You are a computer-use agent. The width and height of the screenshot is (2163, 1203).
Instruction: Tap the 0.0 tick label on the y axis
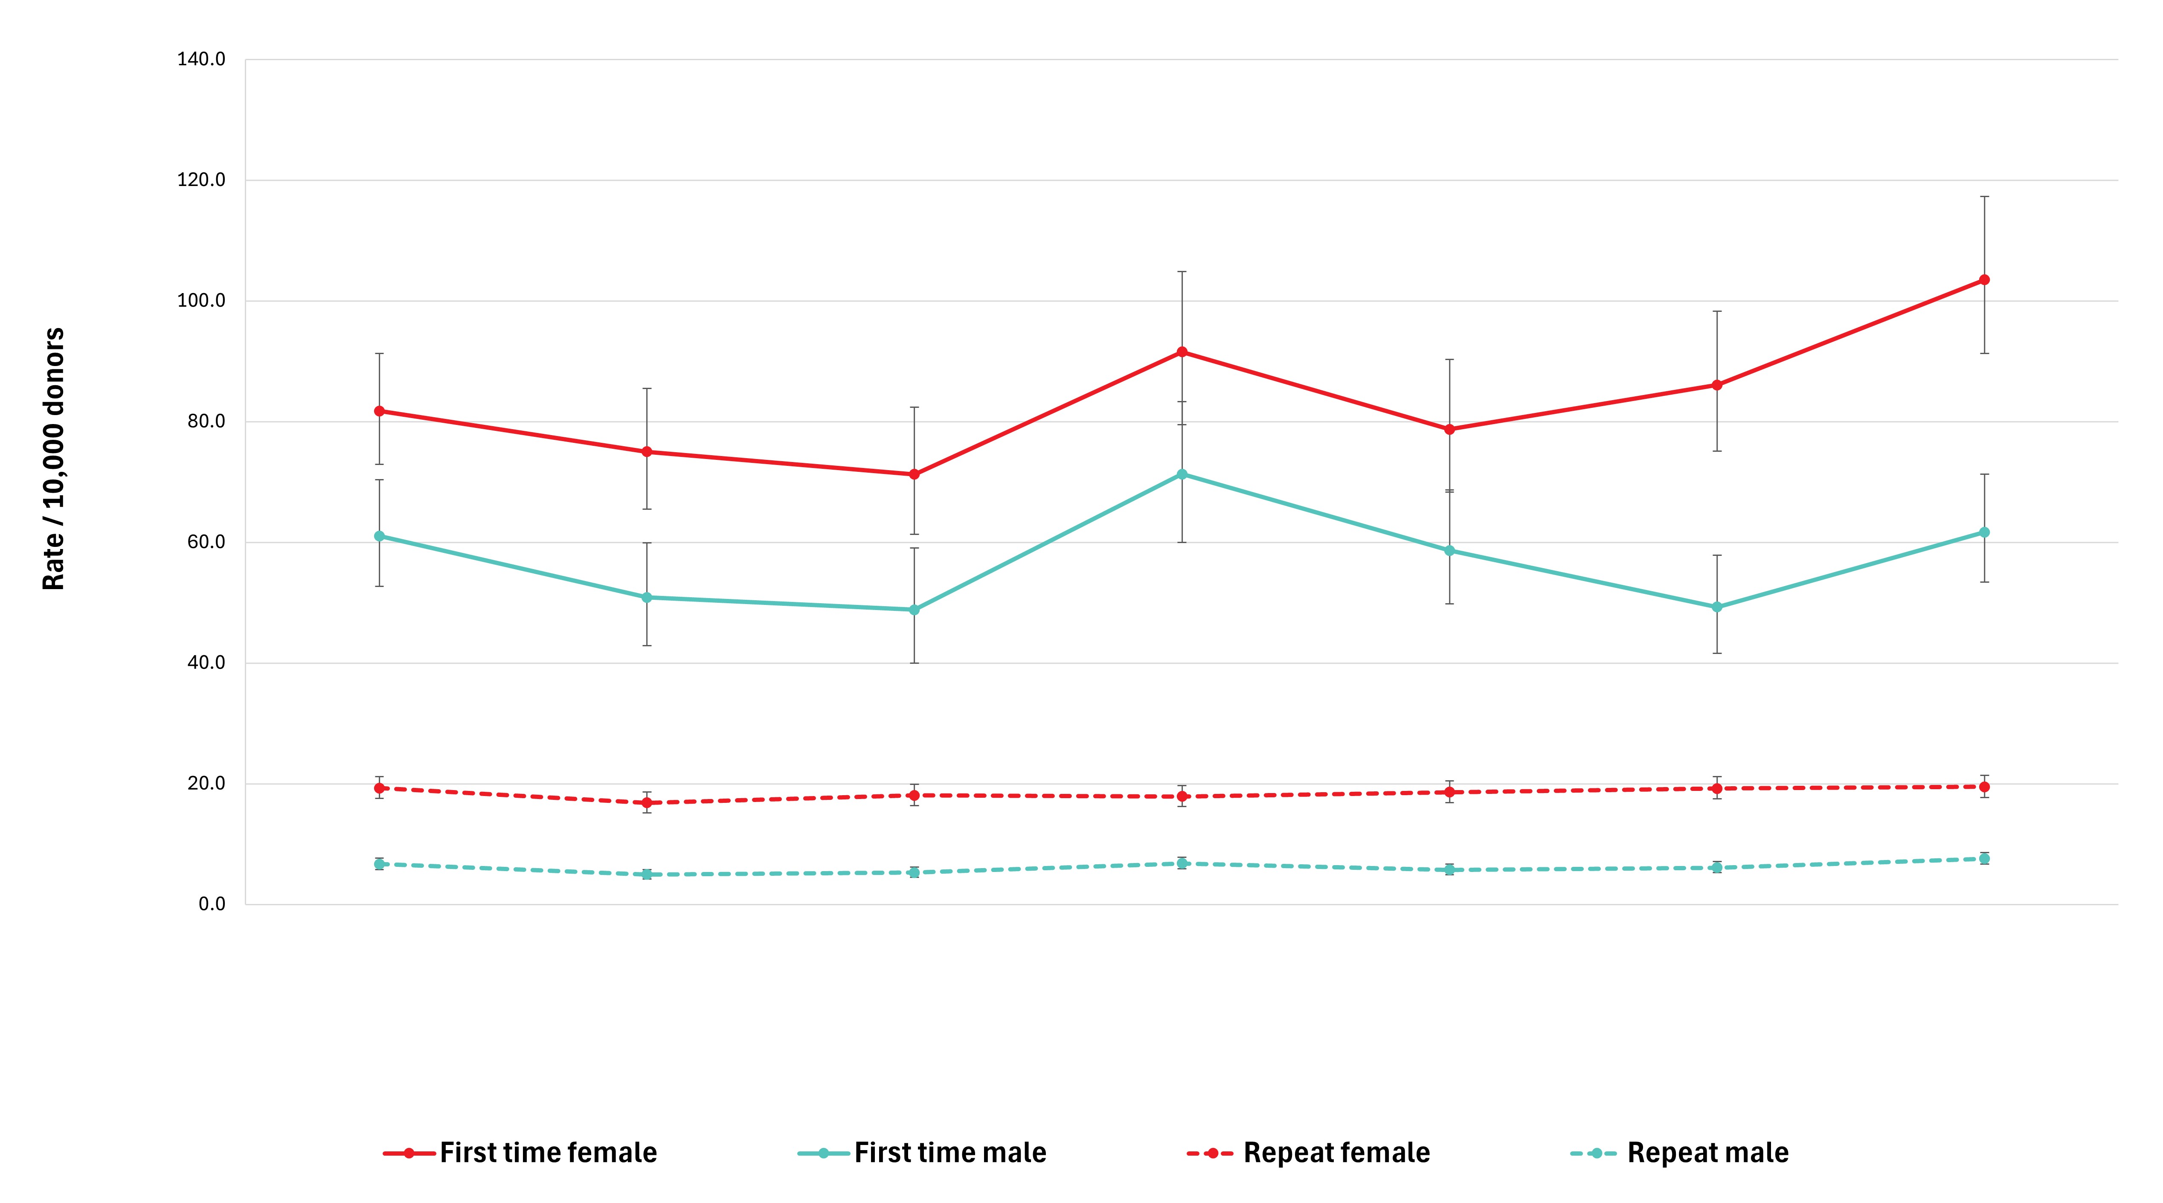click(212, 904)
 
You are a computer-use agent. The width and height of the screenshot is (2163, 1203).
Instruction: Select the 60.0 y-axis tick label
click(206, 542)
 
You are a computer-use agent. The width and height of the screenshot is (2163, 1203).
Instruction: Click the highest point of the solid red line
click(1984, 279)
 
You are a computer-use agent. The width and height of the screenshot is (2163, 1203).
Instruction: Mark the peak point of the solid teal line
click(1182, 474)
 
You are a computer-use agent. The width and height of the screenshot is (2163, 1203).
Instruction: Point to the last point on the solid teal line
click(1984, 532)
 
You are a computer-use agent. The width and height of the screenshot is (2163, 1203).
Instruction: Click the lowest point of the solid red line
click(915, 474)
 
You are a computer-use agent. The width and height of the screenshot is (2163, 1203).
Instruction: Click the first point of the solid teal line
click(380, 536)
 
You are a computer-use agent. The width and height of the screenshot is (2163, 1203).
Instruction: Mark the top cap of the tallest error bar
click(1984, 196)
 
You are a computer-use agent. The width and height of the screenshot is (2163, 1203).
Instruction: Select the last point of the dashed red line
click(1984, 787)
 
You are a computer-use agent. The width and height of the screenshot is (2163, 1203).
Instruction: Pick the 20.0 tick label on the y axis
click(206, 783)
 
